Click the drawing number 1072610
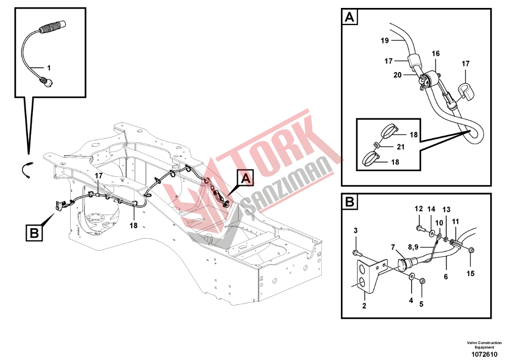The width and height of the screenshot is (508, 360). [485, 354]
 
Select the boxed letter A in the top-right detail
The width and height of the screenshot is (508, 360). [349, 16]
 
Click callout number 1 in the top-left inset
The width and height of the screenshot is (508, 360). [49, 68]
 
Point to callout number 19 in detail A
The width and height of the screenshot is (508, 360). [385, 41]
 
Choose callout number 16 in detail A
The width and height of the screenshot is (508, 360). [436, 53]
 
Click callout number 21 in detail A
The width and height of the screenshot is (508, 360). [401, 147]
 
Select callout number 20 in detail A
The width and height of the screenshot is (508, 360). [398, 75]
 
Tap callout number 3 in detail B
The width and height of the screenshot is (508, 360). [356, 230]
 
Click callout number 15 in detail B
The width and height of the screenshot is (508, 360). [471, 274]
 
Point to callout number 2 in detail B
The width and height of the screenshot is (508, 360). [364, 306]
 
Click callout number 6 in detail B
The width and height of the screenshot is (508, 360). [446, 276]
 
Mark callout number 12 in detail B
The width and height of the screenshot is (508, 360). [419, 209]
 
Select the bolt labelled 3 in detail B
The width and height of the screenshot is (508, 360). [356, 252]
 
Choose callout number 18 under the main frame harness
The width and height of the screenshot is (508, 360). [133, 225]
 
